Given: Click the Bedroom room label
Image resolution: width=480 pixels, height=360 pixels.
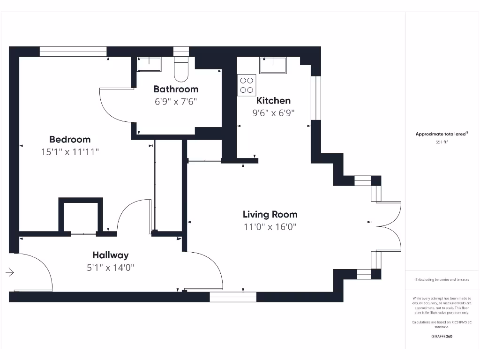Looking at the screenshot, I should [70, 139].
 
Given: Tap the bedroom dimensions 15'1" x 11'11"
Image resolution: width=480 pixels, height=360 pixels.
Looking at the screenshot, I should [70, 152].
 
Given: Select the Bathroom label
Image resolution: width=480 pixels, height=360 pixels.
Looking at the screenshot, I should [176, 89].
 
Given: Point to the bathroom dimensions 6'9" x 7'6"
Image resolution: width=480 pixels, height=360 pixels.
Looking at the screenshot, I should [176, 101].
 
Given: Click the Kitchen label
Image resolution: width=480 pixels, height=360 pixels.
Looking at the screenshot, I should [273, 100].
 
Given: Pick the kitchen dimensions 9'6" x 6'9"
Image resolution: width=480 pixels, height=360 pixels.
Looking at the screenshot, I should [273, 113].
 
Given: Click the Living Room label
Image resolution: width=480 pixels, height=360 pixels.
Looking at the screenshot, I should [270, 214].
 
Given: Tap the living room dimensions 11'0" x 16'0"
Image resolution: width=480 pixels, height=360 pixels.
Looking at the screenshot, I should [270, 227].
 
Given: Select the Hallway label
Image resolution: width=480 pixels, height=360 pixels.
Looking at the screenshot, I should [110, 255].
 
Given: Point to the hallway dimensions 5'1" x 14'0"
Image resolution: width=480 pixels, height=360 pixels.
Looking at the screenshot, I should [110, 268].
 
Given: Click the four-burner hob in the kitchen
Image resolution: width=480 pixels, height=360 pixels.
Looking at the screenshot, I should [247, 85].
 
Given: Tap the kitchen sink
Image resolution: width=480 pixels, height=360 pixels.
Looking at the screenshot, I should [273, 65].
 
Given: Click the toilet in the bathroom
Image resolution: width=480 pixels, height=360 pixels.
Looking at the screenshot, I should [181, 68].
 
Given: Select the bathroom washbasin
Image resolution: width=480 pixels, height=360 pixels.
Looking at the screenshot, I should [149, 64].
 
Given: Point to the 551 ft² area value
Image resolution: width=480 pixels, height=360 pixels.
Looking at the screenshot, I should [442, 142].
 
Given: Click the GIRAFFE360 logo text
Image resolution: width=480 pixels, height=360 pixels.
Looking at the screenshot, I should [442, 336].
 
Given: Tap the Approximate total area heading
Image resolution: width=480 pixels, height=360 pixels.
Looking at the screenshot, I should [442, 134].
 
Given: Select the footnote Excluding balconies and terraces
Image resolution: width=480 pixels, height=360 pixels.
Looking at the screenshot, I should [442, 280].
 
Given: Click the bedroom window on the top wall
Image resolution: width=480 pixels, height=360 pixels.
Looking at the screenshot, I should [73, 52].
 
